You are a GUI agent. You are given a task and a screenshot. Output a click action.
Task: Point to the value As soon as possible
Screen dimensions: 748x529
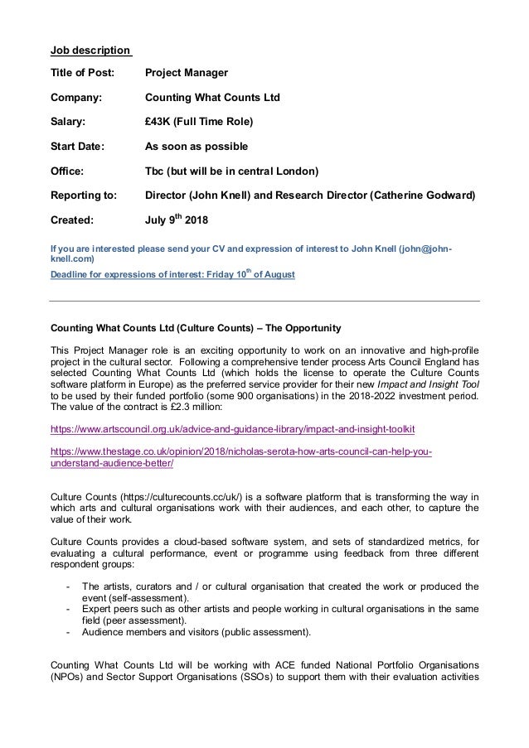click(x=196, y=147)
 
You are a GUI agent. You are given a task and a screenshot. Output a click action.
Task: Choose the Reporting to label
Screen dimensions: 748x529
click(x=84, y=196)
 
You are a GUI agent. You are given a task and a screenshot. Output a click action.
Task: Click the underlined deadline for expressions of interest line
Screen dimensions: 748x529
click(x=172, y=274)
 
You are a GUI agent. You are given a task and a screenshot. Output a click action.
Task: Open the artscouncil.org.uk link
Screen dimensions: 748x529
click(x=232, y=431)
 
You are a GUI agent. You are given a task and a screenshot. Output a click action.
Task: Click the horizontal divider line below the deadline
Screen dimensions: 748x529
click(x=264, y=300)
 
